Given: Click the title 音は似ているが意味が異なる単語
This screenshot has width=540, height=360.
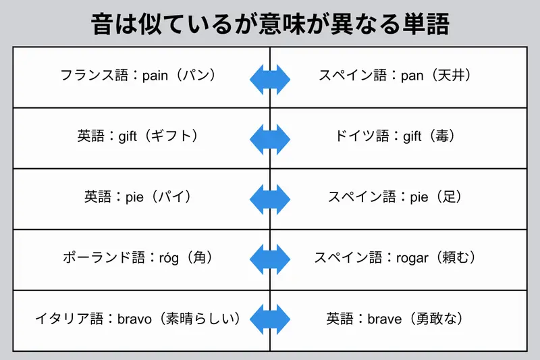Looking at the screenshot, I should [270, 24].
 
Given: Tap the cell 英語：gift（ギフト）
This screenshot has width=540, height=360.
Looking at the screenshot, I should [138, 136].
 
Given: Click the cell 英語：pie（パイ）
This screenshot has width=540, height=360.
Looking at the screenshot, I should [138, 197].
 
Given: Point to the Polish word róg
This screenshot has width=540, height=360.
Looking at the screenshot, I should [169, 258].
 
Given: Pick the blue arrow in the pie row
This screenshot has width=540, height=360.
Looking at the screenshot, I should [270, 201].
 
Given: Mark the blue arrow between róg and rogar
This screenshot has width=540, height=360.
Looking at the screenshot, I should [270, 258].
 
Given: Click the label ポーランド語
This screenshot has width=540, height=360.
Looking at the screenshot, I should [101, 258].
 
